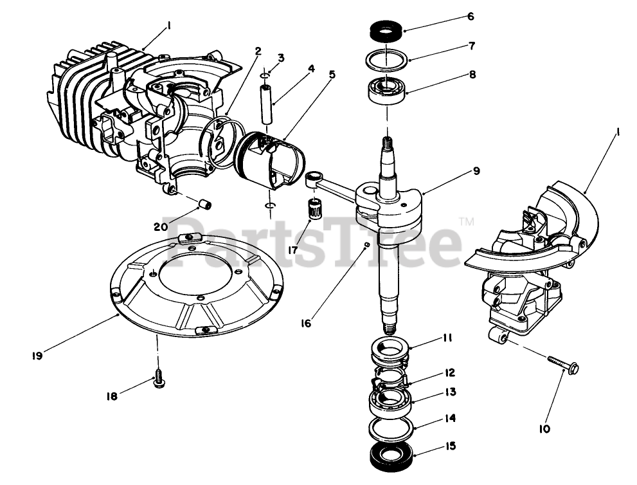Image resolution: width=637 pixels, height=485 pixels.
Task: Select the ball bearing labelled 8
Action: pyautogui.click(x=386, y=89)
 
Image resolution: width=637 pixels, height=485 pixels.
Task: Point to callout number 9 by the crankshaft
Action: pyautogui.click(x=476, y=171)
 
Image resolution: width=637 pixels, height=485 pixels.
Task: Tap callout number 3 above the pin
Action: pyautogui.click(x=281, y=58)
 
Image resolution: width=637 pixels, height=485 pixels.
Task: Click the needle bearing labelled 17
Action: pyautogui.click(x=314, y=210)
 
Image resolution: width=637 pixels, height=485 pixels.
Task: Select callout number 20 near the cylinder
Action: pyautogui.click(x=160, y=226)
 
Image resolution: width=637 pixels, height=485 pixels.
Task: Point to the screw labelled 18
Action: pyautogui.click(x=157, y=381)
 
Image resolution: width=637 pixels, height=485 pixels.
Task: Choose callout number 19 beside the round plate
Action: pyautogui.click(x=37, y=355)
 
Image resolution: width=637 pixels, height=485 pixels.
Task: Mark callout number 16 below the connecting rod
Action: pyautogui.click(x=305, y=323)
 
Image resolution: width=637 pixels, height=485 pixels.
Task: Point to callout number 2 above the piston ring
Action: pyautogui.click(x=257, y=51)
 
